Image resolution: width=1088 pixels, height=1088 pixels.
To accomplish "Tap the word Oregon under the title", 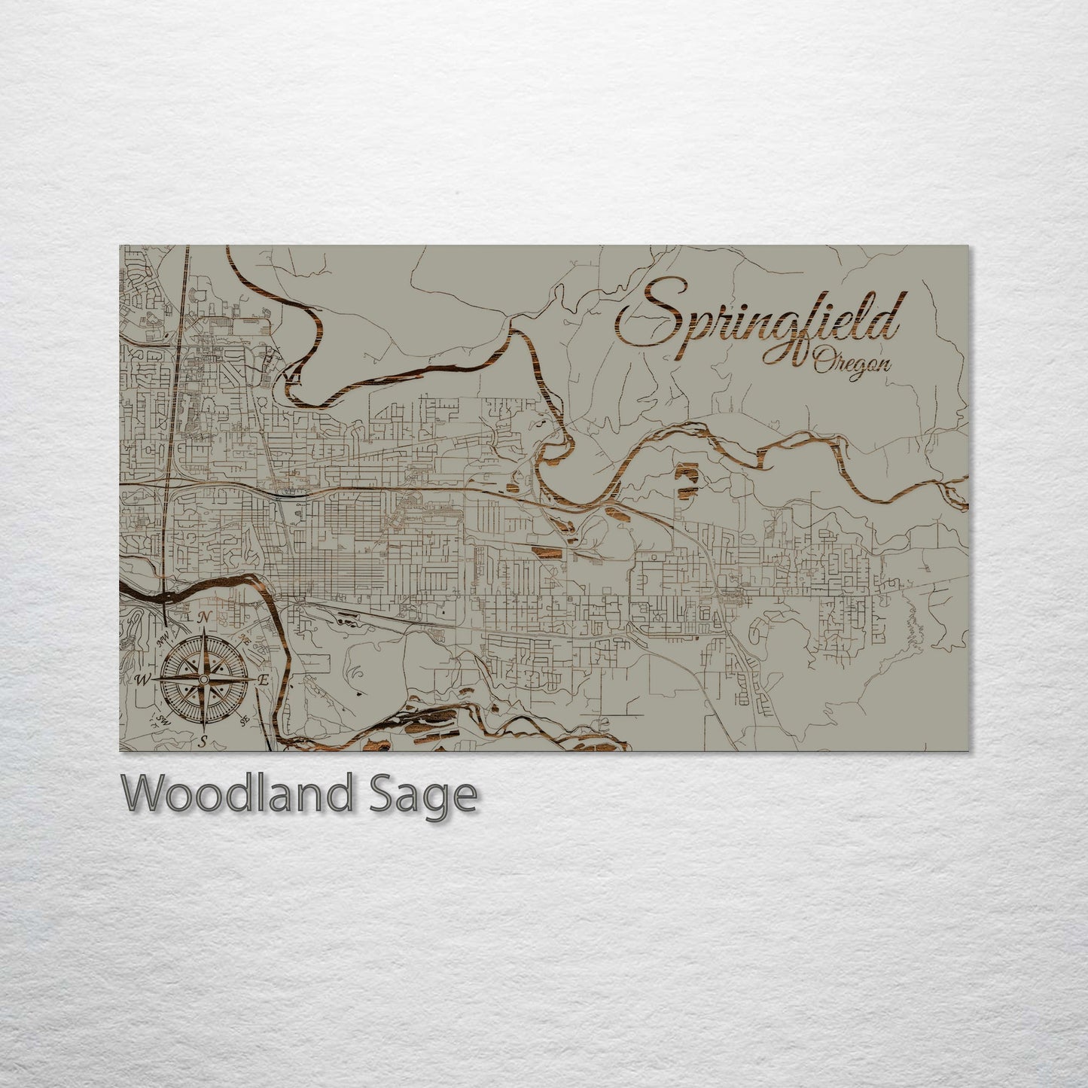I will [x=852, y=365].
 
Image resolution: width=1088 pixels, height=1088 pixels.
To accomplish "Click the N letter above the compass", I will [x=205, y=617].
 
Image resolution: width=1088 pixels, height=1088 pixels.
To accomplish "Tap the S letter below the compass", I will [x=203, y=741].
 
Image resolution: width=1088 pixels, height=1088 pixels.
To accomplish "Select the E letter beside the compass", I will [x=264, y=679].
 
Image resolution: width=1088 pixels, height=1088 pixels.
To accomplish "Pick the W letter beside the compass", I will [x=143, y=680].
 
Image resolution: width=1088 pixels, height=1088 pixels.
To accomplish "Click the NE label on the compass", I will [x=245, y=638].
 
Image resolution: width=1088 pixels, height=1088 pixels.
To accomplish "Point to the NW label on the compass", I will [x=163, y=639].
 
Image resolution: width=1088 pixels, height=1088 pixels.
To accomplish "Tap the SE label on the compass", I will [x=245, y=721].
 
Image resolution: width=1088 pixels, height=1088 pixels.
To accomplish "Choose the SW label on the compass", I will [x=163, y=721].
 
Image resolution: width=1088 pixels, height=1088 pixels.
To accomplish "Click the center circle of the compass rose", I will [x=204, y=680].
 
